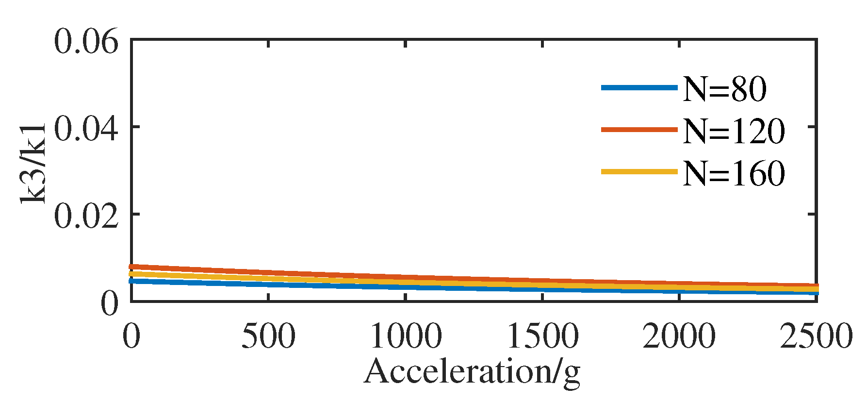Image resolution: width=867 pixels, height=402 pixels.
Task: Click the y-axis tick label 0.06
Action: coord(86,42)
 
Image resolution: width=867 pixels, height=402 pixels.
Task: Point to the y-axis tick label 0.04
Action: coord(86,129)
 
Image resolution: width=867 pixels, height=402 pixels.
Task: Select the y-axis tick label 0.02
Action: coord(86,216)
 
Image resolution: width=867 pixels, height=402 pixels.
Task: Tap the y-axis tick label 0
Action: coord(110,303)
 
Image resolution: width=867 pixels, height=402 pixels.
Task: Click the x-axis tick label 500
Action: coord(268,336)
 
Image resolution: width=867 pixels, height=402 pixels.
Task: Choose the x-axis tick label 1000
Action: coord(406,336)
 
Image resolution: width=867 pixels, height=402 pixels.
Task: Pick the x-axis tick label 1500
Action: coord(542,336)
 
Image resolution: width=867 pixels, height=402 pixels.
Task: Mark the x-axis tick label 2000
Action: coord(679,336)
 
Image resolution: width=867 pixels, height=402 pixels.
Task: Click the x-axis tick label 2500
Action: coord(816,336)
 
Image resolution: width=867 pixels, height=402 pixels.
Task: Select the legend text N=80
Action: coord(724,89)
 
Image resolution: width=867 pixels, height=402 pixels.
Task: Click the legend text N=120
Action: coord(734,131)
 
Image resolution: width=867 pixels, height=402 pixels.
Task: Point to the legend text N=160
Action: coord(734,172)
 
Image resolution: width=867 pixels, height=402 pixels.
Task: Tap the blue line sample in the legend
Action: coord(639,88)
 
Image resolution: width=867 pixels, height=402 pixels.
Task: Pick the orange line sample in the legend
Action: coord(639,130)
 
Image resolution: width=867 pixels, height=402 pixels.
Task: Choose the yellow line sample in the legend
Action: coord(639,171)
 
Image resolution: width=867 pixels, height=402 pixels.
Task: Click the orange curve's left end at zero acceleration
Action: coord(132,267)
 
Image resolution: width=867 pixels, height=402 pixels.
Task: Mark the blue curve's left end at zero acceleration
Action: coord(132,281)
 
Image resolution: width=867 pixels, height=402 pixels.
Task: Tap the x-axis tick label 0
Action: coord(131,336)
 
